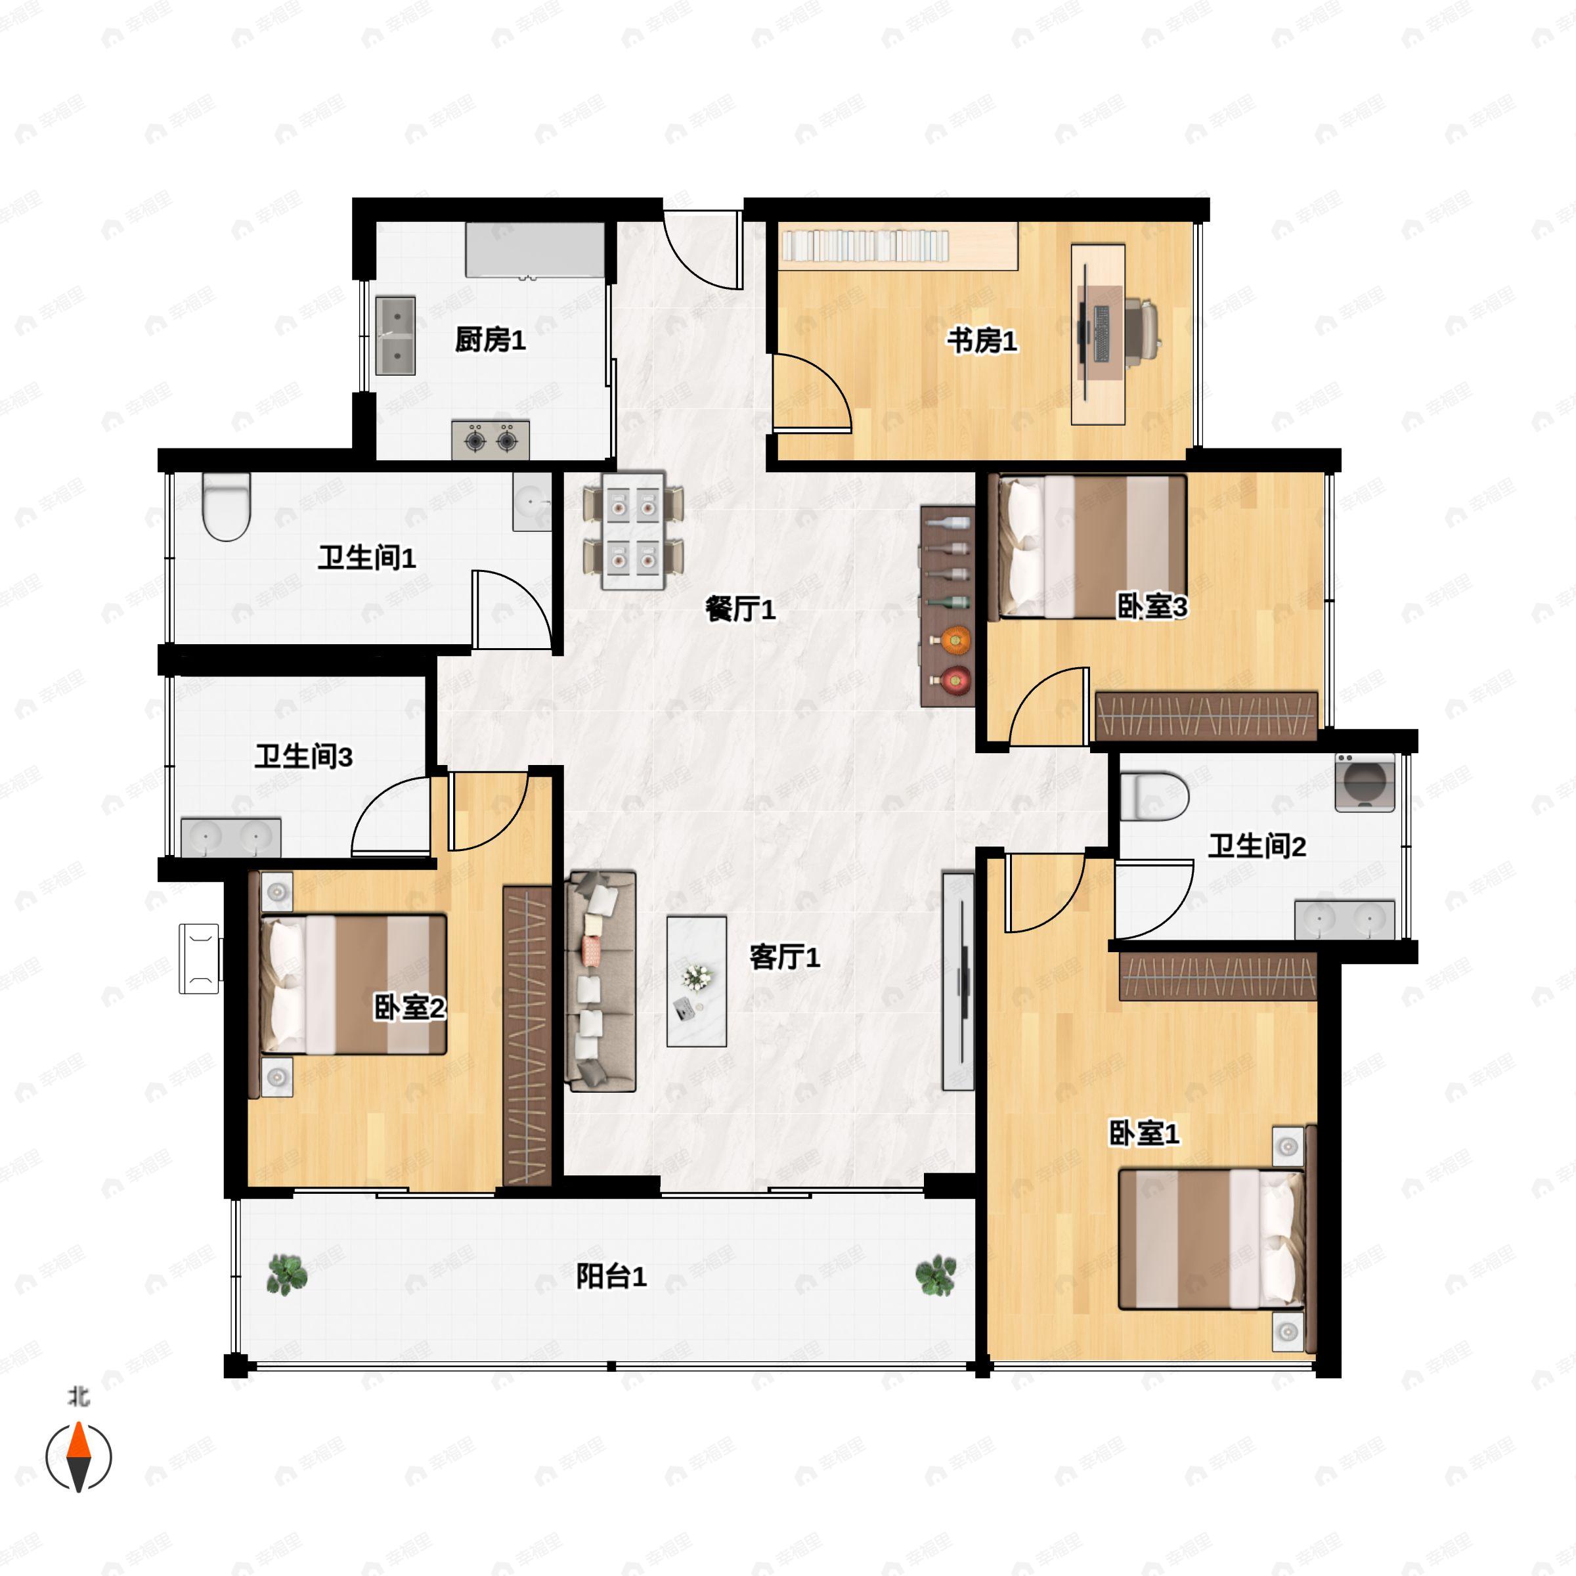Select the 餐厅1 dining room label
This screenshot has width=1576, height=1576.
click(x=740, y=609)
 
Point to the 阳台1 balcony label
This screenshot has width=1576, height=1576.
click(x=611, y=1276)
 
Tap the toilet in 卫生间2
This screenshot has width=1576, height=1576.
click(x=1154, y=796)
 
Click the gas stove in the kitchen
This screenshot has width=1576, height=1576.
click(x=491, y=441)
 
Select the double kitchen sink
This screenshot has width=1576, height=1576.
click(x=395, y=336)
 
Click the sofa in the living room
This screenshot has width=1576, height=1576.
click(x=602, y=980)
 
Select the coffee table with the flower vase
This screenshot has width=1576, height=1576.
click(x=696, y=980)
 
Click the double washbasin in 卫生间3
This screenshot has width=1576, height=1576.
click(x=231, y=837)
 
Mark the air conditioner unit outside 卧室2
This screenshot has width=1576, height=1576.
click(x=200, y=959)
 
